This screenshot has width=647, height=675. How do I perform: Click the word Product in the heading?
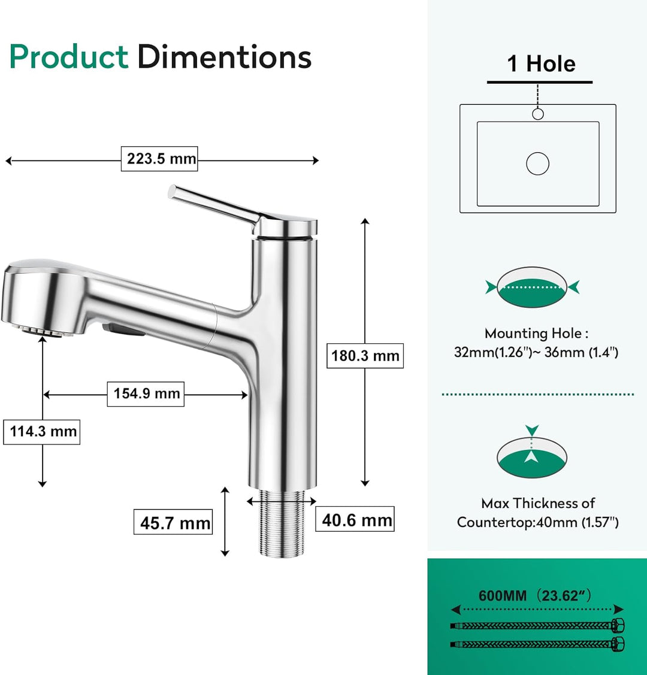(x=68, y=57)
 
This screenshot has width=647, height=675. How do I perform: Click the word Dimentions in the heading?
(x=224, y=57)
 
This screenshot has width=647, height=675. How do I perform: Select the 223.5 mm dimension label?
(x=159, y=159)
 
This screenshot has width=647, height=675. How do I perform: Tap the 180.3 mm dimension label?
(x=365, y=356)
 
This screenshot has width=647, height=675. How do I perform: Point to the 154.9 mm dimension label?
(x=146, y=394)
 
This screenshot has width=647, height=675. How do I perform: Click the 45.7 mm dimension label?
(x=173, y=522)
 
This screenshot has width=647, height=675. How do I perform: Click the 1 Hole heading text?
(x=540, y=64)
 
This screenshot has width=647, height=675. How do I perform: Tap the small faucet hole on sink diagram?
(x=538, y=114)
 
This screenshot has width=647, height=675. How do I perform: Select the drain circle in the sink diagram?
(x=537, y=164)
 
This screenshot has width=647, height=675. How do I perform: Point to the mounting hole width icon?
(x=532, y=287)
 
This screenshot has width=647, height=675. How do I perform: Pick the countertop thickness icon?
(x=532, y=455)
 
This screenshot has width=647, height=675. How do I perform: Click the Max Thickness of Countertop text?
(x=537, y=513)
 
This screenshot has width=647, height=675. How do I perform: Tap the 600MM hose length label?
(x=536, y=595)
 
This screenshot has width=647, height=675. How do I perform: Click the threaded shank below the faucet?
(x=281, y=524)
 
